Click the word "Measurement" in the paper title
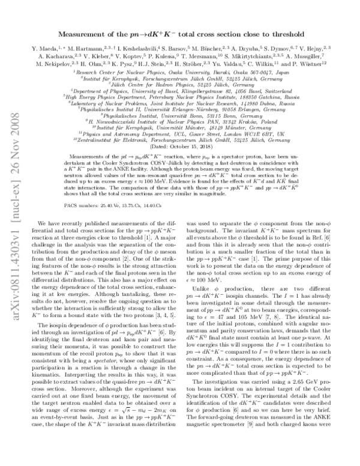tap(84, 34)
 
